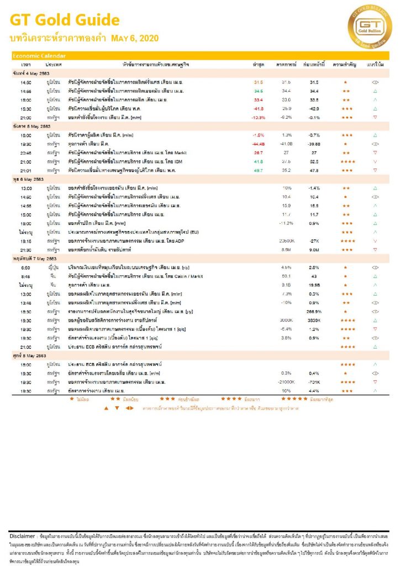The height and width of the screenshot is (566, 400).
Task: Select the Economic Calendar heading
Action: click(x=39, y=56)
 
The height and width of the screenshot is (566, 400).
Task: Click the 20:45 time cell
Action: click(x=25, y=152)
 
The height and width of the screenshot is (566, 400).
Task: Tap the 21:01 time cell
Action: click(x=25, y=171)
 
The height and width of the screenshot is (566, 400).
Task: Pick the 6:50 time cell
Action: click(x=25, y=267)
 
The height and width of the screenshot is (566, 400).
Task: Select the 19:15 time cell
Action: click(x=25, y=241)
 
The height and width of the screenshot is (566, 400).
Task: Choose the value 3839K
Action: click(x=314, y=321)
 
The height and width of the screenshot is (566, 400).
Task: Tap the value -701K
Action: click(x=314, y=382)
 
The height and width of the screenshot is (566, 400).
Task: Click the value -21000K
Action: click(x=287, y=382)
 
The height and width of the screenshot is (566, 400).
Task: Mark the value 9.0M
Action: click(x=314, y=250)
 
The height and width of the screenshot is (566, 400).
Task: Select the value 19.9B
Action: click(x=314, y=285)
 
